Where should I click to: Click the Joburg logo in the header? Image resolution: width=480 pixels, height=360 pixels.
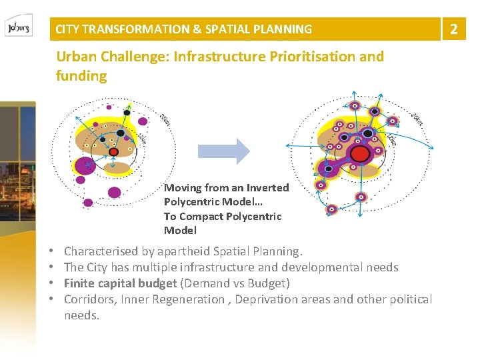coord(17,29)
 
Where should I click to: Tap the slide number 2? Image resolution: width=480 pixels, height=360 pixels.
coord(454,29)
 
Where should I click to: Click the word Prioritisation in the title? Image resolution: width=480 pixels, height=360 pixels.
coord(313,57)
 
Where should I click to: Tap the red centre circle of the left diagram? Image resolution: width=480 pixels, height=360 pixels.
coord(114,152)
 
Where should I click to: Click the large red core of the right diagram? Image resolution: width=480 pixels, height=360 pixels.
coord(361,154)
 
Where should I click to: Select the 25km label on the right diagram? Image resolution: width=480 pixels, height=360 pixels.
coord(417,120)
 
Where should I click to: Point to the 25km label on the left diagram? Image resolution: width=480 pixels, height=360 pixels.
coord(165,121)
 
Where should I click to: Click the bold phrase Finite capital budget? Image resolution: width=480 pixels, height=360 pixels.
coord(120,283)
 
